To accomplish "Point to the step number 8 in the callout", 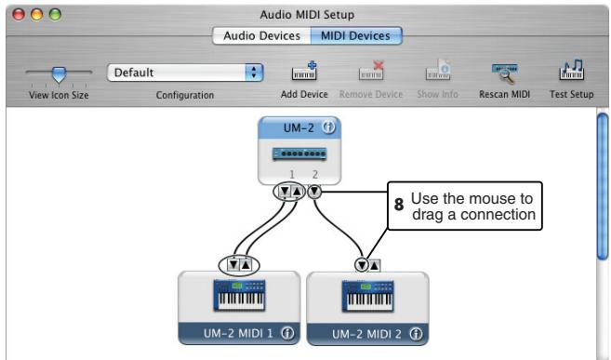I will pyautogui.click(x=399, y=207).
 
